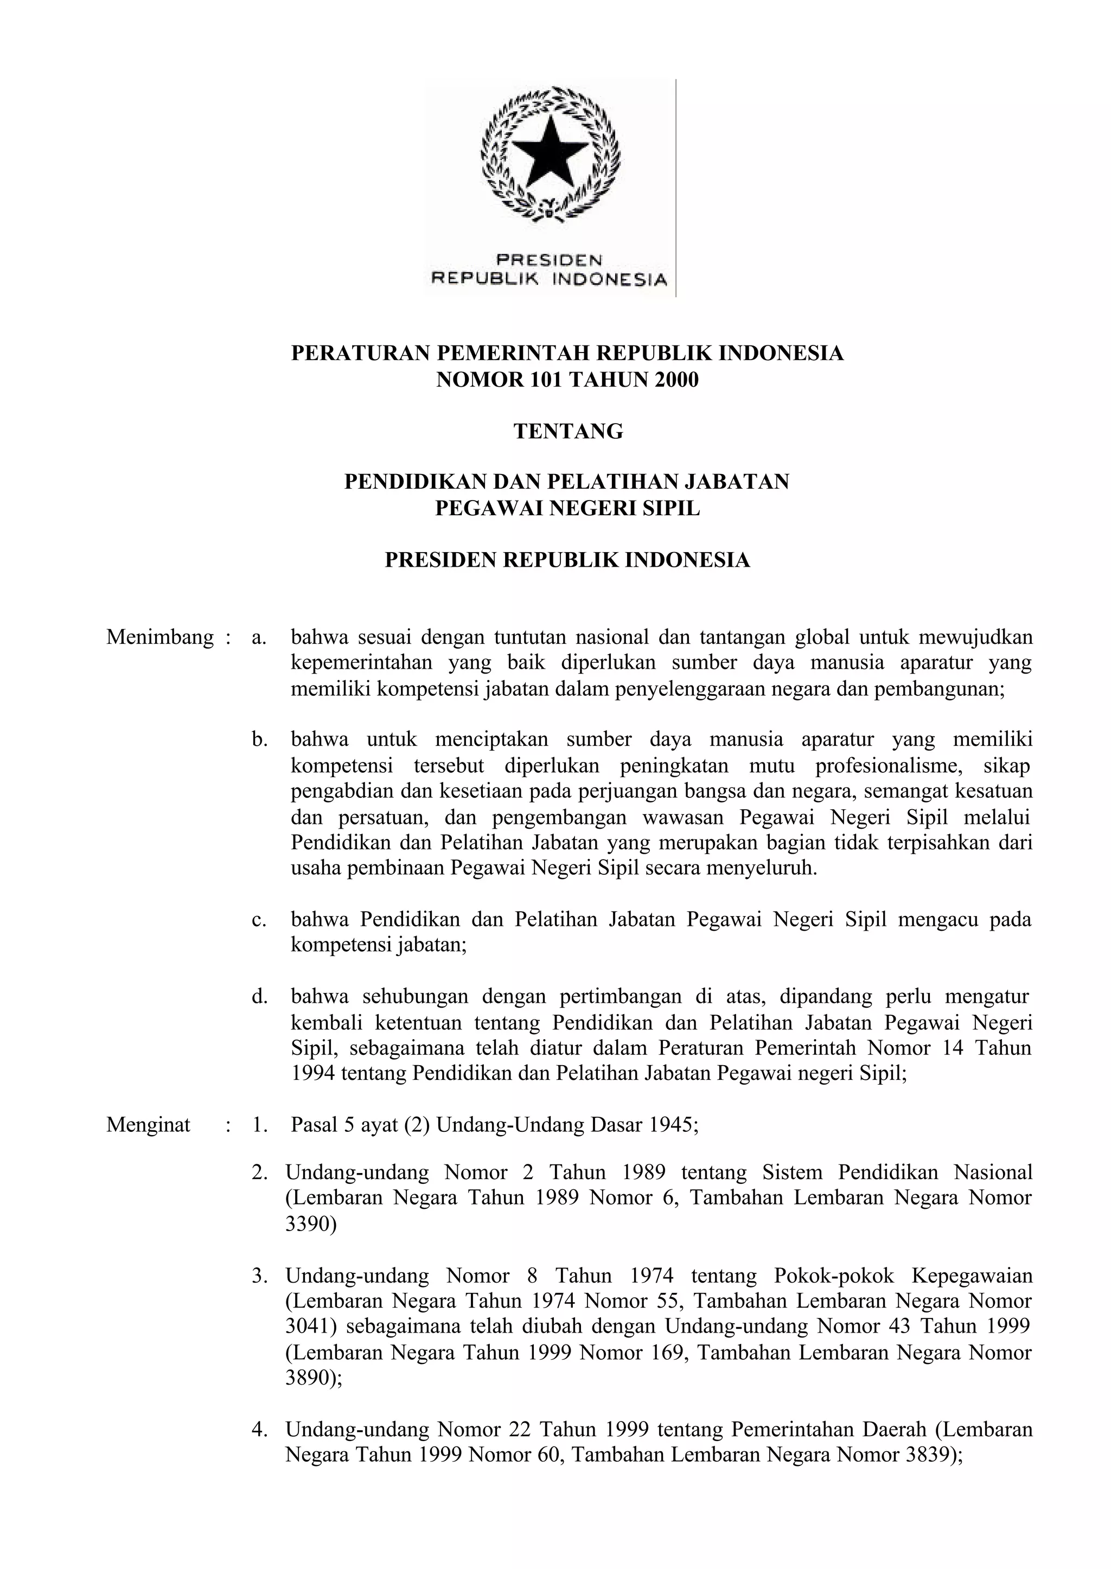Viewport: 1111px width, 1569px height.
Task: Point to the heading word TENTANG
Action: (568, 432)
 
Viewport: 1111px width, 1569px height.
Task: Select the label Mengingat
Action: (148, 1125)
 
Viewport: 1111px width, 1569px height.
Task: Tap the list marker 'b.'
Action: (259, 739)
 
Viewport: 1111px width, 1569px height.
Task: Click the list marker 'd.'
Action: (259, 996)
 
